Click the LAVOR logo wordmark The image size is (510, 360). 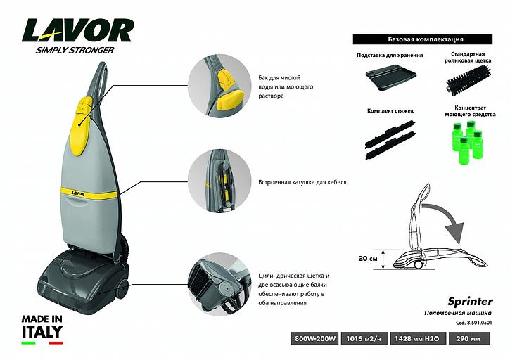pos(78,30)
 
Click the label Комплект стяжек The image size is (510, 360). pos(386,110)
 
